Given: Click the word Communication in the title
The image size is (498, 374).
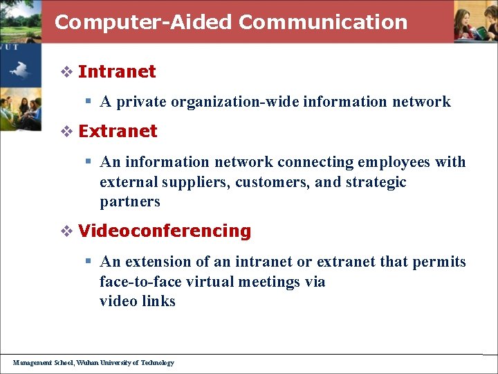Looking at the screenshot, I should (x=323, y=22).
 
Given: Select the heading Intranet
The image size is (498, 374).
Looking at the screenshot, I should (x=117, y=71).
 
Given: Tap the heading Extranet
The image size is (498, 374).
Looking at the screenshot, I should (x=118, y=131).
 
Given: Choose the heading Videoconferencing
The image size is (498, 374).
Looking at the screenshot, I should (x=165, y=231).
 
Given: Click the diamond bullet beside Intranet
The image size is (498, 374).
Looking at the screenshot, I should (x=67, y=71).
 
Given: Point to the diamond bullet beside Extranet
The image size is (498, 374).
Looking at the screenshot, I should (x=67, y=131).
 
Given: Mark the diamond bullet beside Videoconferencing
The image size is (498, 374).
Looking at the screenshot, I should (x=67, y=231).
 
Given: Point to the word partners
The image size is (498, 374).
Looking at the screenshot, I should (x=129, y=202).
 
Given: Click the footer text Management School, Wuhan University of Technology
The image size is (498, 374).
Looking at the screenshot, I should (x=93, y=362).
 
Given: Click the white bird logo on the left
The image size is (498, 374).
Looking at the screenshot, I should (x=19, y=69).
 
